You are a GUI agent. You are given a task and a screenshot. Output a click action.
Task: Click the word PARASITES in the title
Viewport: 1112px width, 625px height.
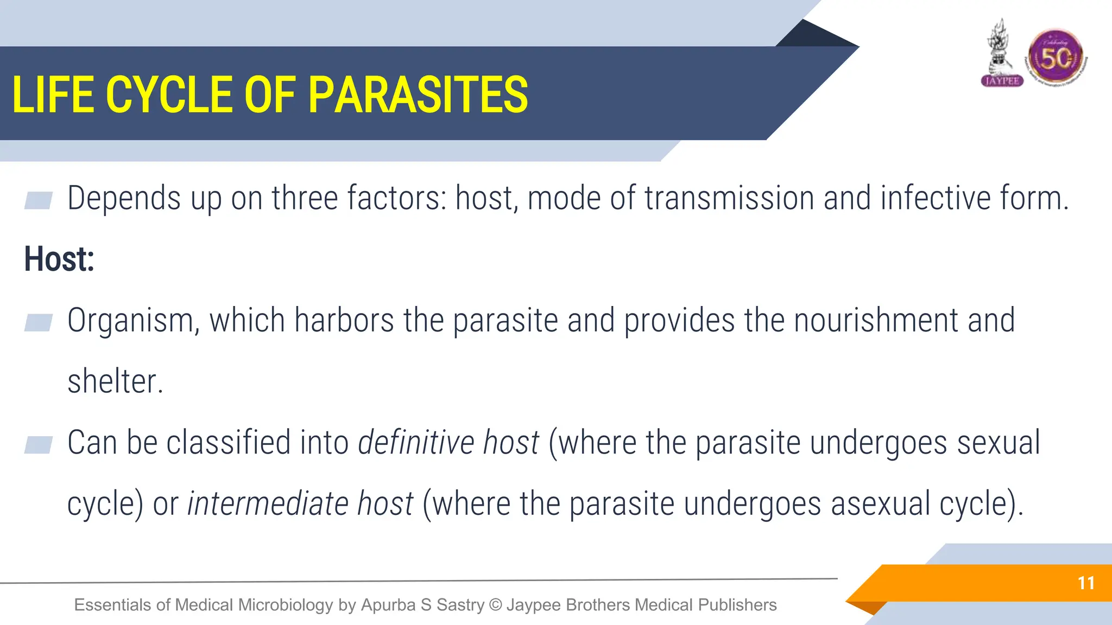click(418, 95)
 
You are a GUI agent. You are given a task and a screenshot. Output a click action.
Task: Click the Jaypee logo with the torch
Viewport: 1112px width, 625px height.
click(1002, 54)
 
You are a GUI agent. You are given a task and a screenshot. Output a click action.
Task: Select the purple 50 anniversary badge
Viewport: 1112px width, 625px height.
click(1056, 58)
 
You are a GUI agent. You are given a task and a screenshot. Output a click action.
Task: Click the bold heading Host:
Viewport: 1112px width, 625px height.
click(59, 259)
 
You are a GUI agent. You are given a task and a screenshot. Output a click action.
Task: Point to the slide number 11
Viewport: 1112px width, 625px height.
click(1086, 583)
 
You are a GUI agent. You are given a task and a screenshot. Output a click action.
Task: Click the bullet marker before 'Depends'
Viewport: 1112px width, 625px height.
click(39, 200)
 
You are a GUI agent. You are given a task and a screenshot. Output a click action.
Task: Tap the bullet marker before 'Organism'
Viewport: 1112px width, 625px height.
click(39, 322)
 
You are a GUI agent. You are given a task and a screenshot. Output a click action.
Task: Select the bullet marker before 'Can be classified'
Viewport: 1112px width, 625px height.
click(39, 444)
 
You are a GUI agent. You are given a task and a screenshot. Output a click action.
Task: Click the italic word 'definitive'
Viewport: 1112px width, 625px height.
click(416, 442)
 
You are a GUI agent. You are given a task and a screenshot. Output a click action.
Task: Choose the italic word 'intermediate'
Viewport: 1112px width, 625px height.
click(268, 503)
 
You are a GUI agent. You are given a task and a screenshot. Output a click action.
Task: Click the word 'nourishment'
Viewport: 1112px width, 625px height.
click(876, 320)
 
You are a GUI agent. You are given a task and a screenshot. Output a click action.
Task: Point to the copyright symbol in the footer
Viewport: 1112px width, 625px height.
click(495, 605)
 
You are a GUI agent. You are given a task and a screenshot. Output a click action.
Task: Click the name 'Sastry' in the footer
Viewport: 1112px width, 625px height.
click(460, 605)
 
